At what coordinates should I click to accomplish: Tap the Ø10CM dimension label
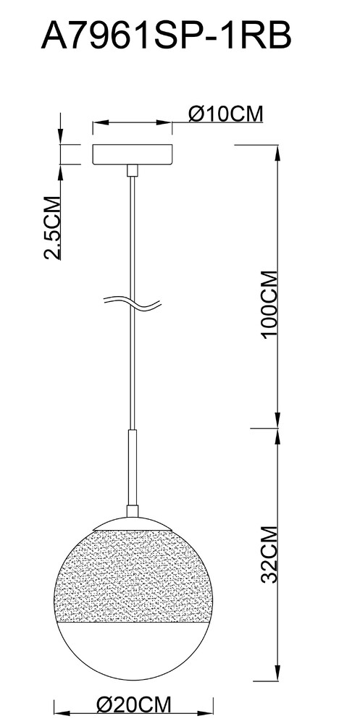[x=225, y=113]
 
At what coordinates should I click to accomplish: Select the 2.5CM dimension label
[x=52, y=228]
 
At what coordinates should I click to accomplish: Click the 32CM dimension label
[x=270, y=554]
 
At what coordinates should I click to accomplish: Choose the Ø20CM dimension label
[x=133, y=705]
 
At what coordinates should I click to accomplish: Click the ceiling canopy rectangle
[x=133, y=155]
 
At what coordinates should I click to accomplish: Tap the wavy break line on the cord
[x=132, y=303]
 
